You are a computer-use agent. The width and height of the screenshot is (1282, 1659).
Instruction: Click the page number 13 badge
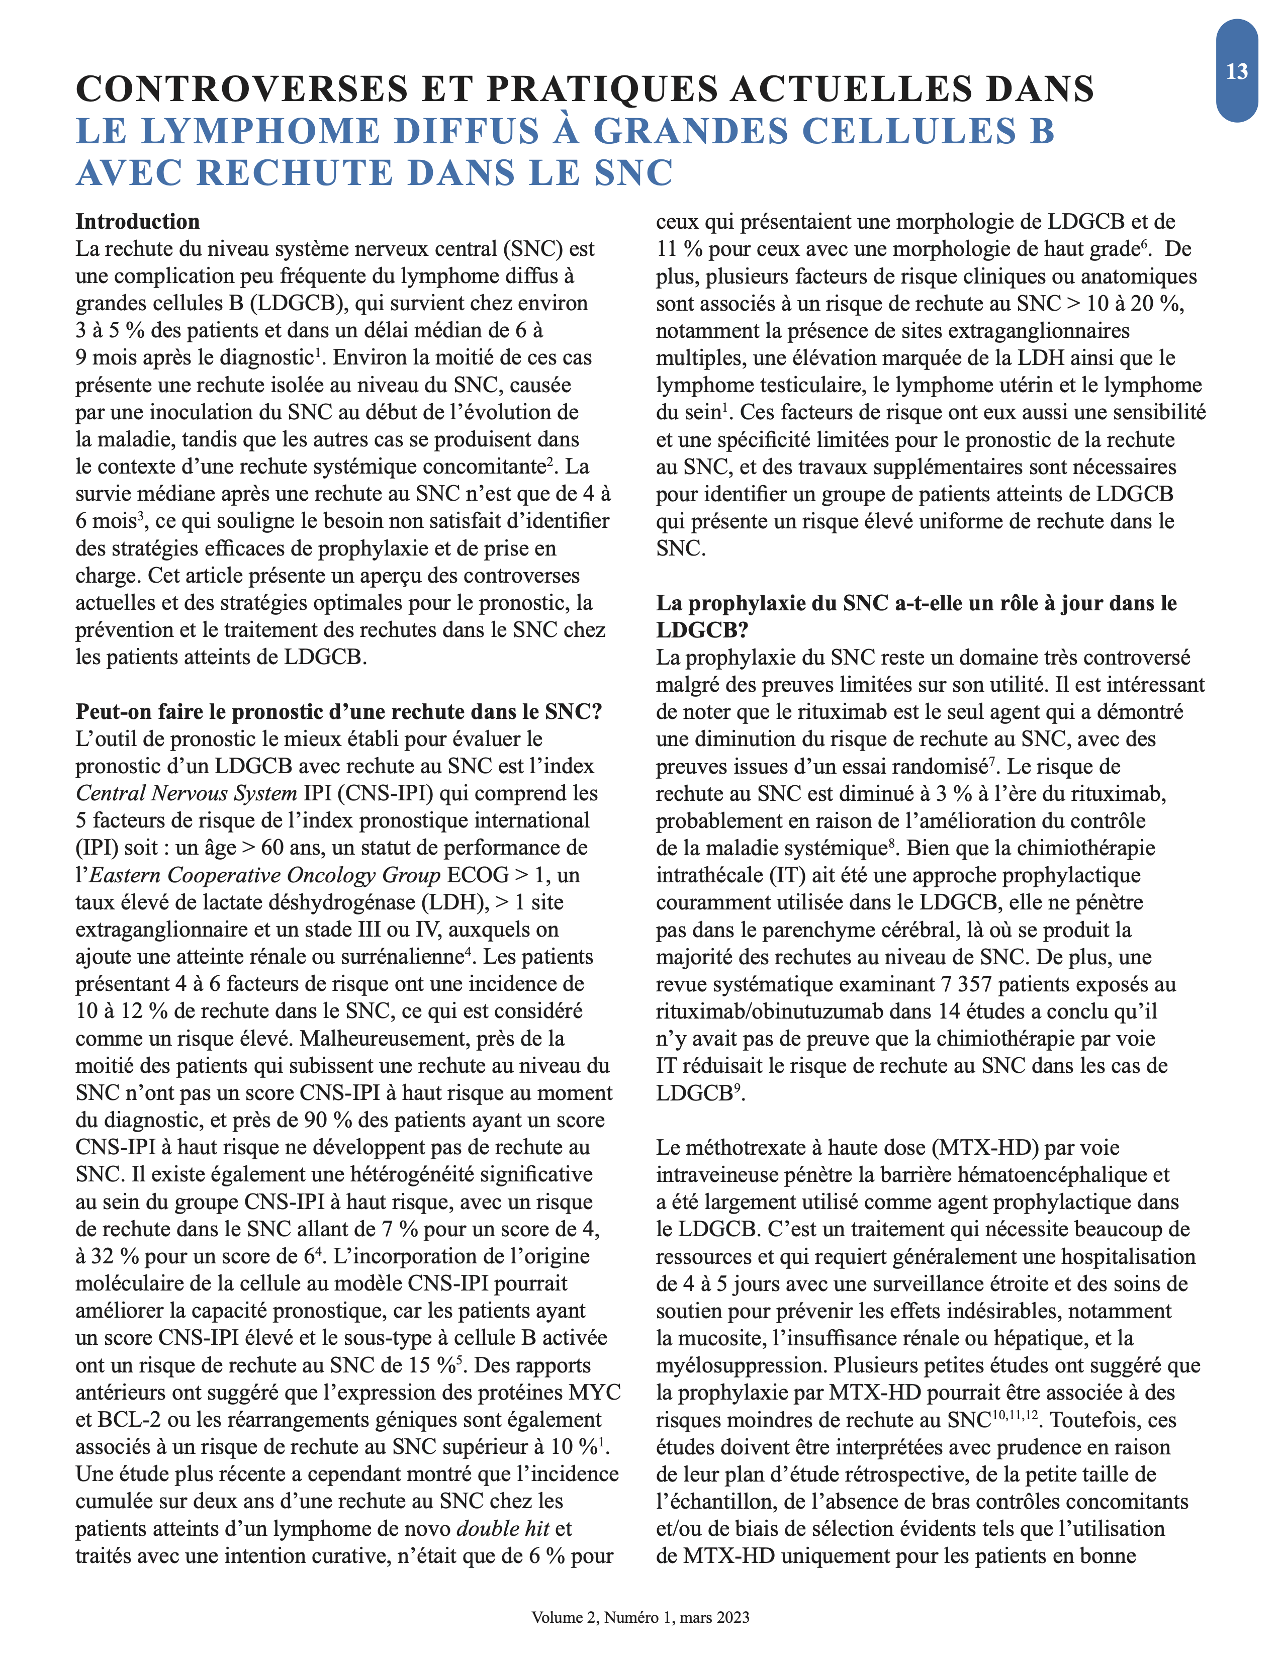click(x=1236, y=71)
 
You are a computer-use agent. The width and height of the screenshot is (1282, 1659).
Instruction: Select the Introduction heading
click(x=137, y=221)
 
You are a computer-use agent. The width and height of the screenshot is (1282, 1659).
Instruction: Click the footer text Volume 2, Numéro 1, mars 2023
click(x=640, y=1617)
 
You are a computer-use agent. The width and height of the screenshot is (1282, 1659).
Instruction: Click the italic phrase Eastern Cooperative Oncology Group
click(x=265, y=875)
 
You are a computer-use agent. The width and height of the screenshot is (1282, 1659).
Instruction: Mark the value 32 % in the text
click(x=115, y=1256)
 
